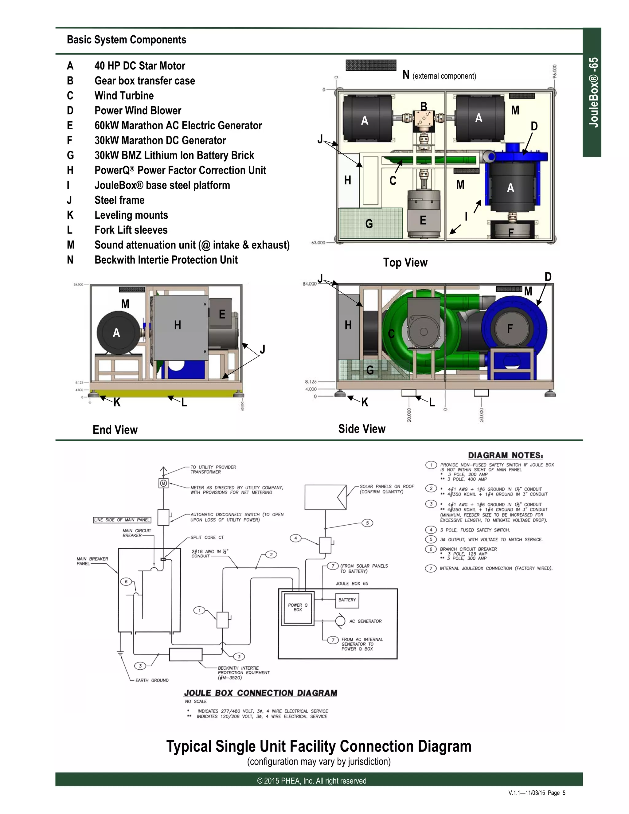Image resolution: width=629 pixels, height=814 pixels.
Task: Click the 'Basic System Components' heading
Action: [126, 40]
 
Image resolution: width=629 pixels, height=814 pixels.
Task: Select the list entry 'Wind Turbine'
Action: [124, 96]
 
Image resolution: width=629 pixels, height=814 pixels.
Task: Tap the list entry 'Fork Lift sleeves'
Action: [131, 230]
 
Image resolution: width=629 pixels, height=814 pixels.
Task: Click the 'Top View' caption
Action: [405, 262]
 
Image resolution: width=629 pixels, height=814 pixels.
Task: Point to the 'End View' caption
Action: [115, 430]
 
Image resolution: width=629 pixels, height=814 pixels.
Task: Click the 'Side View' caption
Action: [361, 429]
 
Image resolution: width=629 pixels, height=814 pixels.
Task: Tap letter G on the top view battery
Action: [369, 224]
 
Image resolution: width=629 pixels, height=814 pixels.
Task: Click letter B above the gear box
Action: [424, 107]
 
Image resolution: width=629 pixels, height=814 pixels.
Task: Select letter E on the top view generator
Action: [423, 220]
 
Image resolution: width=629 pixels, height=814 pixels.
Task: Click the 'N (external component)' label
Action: [439, 75]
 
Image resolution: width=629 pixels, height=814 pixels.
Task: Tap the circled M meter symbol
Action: [163, 484]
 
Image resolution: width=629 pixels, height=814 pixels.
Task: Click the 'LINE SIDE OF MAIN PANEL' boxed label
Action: [122, 520]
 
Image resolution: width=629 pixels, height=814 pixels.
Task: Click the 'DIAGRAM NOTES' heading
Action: [505, 456]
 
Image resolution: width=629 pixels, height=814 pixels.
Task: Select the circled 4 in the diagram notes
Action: [431, 530]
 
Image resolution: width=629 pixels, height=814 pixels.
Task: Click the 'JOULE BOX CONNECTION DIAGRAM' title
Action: [260, 693]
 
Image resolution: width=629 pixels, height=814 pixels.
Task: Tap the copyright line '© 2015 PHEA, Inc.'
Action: [311, 781]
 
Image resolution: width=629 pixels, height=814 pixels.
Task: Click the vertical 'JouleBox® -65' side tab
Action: [593, 92]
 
